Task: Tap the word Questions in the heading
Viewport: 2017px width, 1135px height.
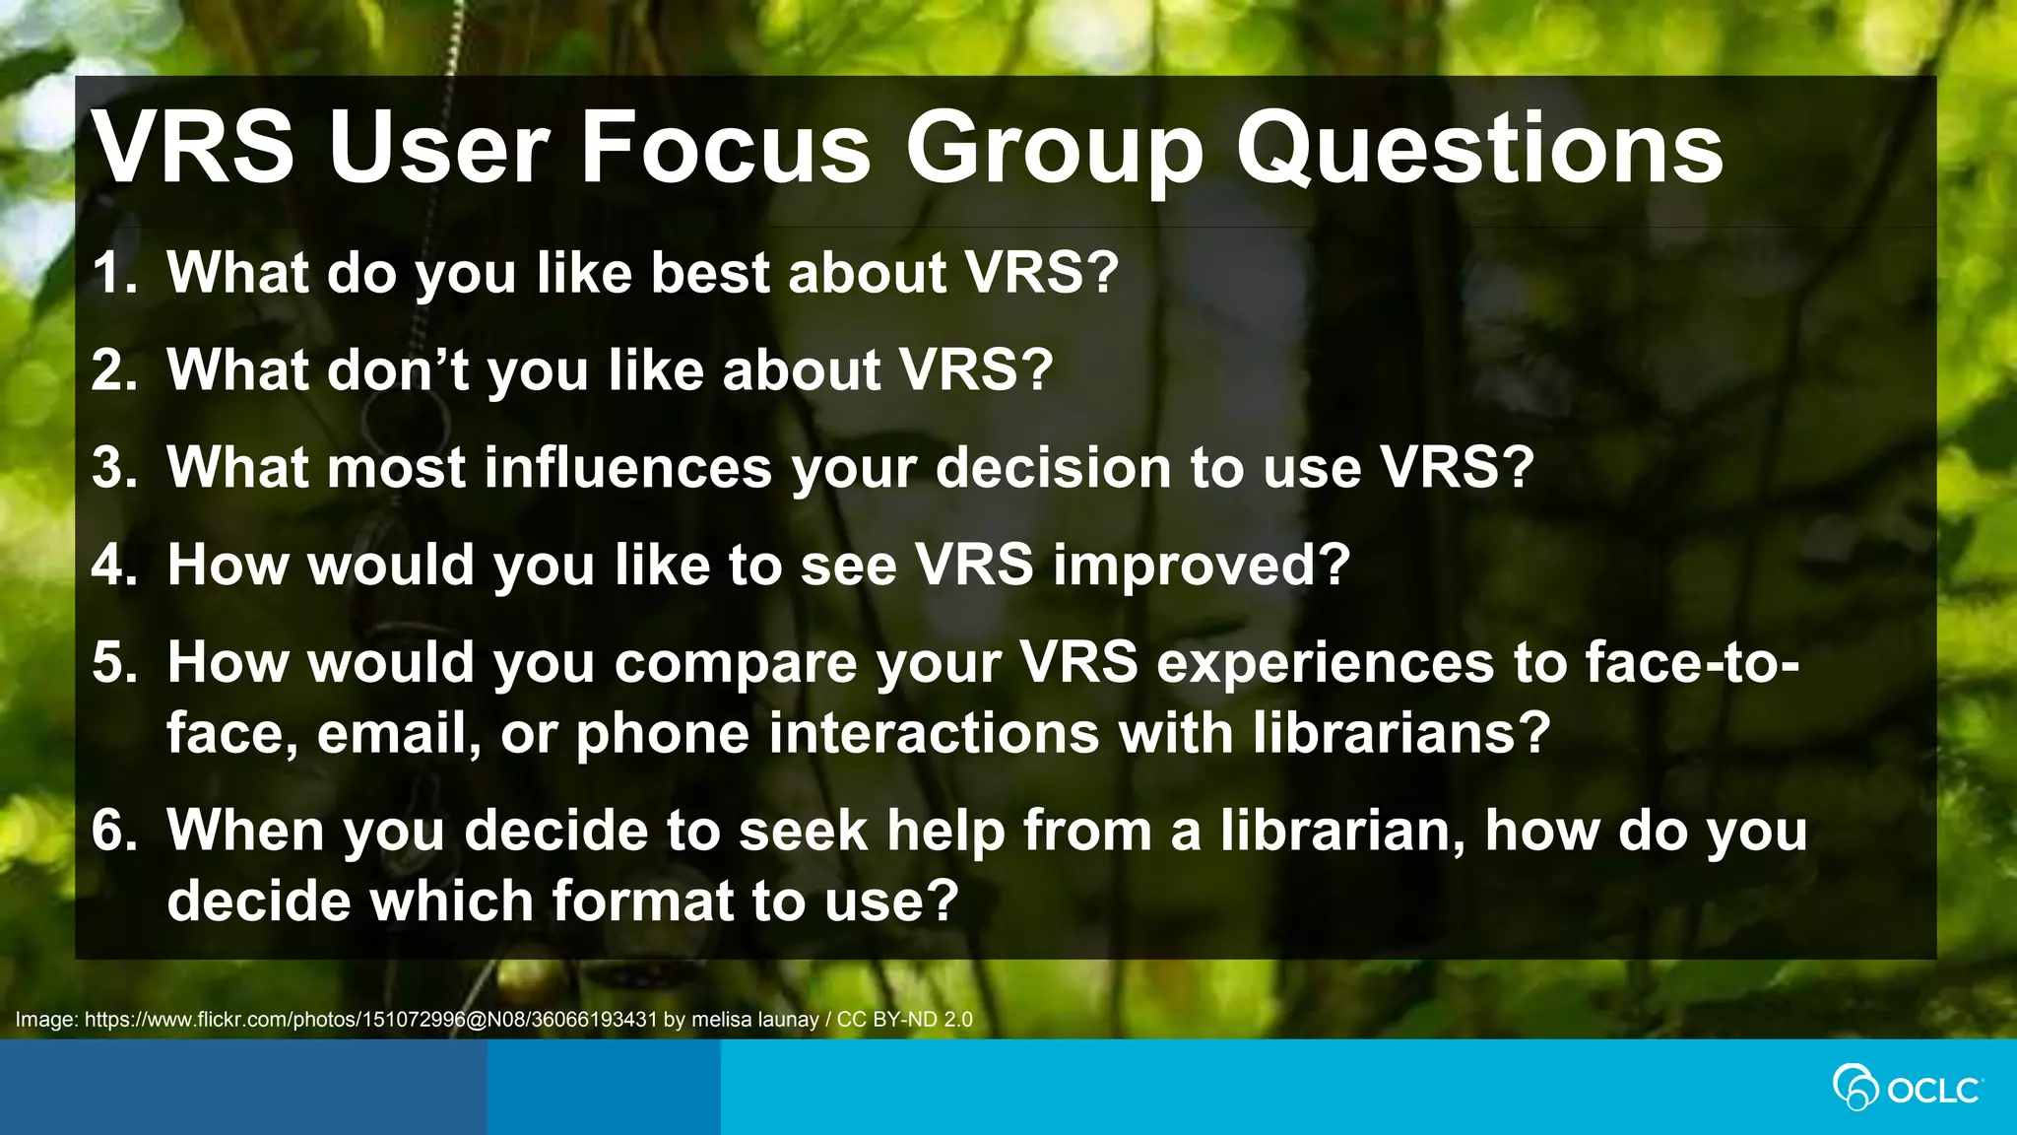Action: (1478, 148)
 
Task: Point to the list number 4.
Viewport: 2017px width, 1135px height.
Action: (114, 566)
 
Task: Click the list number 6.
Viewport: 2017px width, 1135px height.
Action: (114, 831)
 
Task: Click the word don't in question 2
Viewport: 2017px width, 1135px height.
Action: (396, 370)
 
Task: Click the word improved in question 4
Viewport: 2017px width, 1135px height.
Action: (1201, 566)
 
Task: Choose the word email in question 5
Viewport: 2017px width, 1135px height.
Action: (398, 734)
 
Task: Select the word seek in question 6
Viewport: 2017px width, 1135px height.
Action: (803, 831)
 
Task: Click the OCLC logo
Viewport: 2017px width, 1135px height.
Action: (1907, 1089)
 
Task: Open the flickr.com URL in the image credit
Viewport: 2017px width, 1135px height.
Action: (370, 1020)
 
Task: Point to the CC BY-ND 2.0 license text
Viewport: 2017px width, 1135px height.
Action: (904, 1020)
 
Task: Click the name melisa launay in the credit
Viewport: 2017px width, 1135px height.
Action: (754, 1020)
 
